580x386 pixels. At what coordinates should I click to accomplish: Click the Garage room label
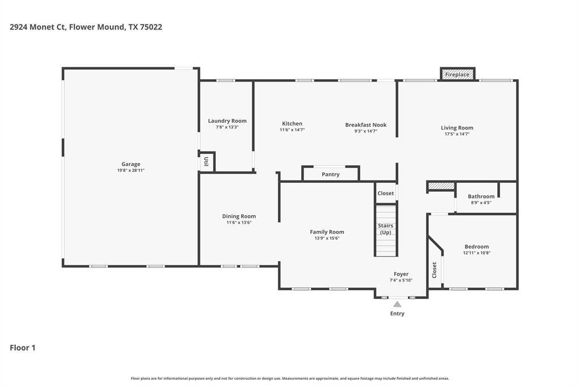pos(130,164)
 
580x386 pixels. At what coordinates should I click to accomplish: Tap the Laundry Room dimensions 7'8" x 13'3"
pos(227,127)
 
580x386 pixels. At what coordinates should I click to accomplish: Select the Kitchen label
pos(292,123)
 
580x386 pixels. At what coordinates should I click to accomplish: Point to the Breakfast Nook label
pos(366,125)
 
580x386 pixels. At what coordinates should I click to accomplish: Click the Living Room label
pos(457,128)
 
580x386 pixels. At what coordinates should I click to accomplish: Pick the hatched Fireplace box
pos(457,74)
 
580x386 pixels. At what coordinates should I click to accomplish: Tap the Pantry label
pos(331,174)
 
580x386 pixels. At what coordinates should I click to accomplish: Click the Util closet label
pos(206,161)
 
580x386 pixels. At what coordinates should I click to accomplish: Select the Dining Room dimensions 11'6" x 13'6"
pos(238,222)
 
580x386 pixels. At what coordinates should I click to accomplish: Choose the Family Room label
pos(327,232)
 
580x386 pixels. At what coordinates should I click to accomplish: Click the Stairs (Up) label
pos(386,229)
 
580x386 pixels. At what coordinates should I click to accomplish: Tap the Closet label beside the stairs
pos(386,193)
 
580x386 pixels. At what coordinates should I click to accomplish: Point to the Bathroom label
pos(481,196)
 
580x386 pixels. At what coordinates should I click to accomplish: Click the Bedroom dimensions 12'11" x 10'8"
pos(476,253)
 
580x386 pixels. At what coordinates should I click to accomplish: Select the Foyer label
pos(401,274)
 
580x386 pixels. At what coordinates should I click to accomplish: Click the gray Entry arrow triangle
pos(398,304)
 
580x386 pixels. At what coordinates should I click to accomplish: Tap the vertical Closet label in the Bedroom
pos(434,270)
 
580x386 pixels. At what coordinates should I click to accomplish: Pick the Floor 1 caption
pos(23,348)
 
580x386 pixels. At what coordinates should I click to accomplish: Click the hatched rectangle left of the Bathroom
pos(441,186)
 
